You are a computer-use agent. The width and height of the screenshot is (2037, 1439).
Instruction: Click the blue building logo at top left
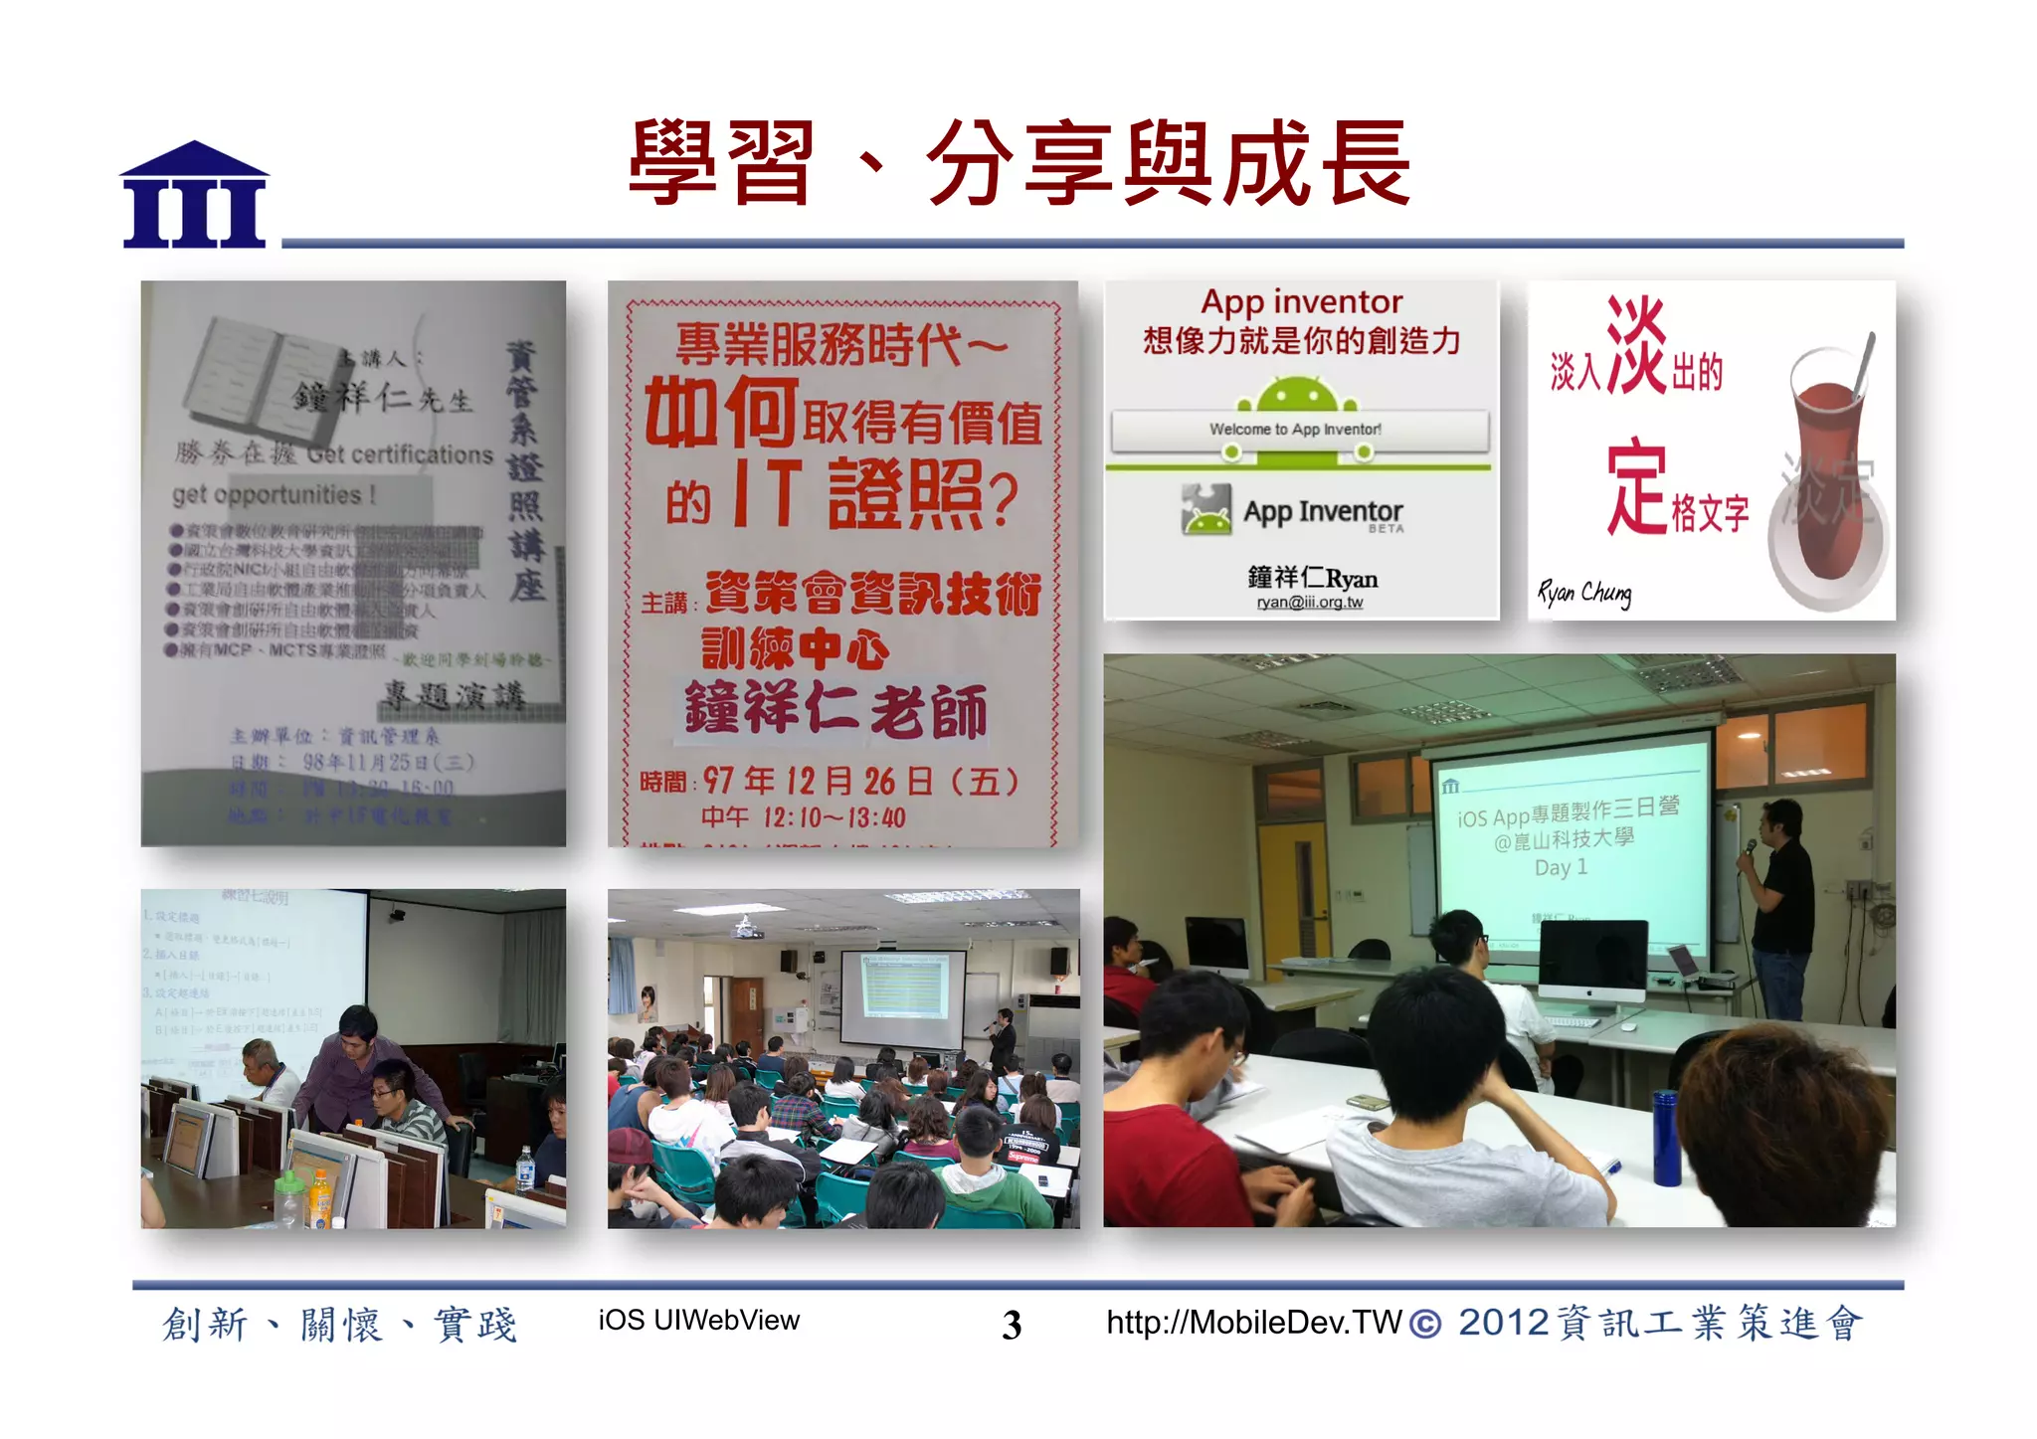(194, 196)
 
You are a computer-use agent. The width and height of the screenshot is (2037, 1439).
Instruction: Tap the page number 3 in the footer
(1012, 1325)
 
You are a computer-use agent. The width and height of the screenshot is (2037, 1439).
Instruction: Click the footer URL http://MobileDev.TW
(1253, 1322)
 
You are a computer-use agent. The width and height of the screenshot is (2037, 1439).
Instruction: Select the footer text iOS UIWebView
(698, 1320)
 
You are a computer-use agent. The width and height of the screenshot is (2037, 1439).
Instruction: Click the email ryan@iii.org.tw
(1309, 603)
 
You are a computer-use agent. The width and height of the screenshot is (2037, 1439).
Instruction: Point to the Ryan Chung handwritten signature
(1584, 594)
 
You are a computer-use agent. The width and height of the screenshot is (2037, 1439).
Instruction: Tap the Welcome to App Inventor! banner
(1295, 430)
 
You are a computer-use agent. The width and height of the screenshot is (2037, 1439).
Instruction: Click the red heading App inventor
(1301, 301)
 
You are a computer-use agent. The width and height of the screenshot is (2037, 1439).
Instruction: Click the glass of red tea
(1826, 467)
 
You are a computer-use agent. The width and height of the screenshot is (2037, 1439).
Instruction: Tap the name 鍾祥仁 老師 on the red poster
(835, 710)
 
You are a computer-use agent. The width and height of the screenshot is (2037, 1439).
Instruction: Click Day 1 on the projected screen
(1561, 867)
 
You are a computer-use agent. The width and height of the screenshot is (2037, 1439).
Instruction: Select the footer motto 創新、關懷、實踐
(340, 1325)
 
